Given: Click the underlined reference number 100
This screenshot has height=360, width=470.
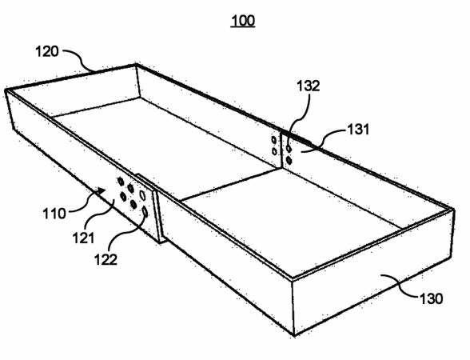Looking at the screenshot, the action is pos(243,21).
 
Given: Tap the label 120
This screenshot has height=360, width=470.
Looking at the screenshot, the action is pos(47,51).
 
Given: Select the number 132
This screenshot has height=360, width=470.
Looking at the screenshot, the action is pos(309,86).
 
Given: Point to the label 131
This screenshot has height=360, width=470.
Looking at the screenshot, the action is pos(358,130).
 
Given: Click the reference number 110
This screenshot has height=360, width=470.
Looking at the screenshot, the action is pos(54,214).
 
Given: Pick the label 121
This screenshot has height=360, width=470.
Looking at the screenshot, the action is pos(83,238).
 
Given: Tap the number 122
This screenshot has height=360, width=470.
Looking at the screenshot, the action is pos(106,259).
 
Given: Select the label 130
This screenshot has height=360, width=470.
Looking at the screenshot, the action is pos(431,299).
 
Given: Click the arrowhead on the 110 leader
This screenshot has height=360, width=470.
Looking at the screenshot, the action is pos(102,190).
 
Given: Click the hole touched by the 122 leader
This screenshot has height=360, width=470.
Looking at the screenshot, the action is pos(145,211).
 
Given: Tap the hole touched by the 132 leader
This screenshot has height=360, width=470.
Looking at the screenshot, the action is pos(289,148).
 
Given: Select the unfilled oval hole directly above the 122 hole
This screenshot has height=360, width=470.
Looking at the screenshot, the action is pos(142,195).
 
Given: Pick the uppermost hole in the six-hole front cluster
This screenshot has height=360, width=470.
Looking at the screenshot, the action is pos(120,181).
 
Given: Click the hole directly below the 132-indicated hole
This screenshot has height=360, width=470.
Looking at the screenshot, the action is pos(289,160).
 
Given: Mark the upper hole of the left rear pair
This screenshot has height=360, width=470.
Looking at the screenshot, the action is pos(273,139).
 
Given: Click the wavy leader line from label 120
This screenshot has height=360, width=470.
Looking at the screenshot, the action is pos(79,59).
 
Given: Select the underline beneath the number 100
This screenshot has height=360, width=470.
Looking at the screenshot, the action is pos(243,27).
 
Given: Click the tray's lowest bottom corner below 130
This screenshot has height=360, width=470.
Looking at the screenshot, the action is pos(294,335).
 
